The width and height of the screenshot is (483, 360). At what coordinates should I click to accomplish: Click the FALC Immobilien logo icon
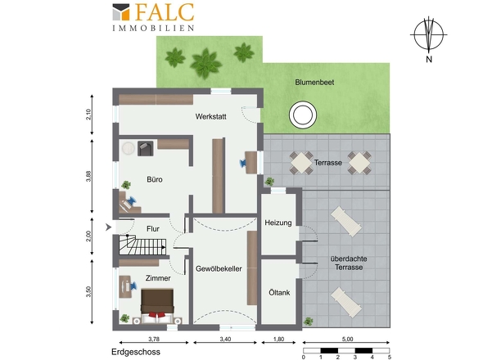pyautogui.click(x=121, y=12)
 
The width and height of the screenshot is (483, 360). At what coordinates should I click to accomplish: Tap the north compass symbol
pyautogui.click(x=428, y=35)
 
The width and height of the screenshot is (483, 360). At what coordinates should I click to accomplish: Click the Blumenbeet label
pyautogui.click(x=314, y=82)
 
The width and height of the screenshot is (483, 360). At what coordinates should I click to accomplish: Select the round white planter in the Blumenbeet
pyautogui.click(x=303, y=115)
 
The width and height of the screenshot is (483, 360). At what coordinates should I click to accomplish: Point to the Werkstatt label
pyautogui.click(x=210, y=117)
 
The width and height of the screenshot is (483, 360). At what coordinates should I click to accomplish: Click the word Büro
pyautogui.click(x=155, y=179)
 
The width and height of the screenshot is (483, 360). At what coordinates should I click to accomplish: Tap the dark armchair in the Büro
pyautogui.click(x=146, y=148)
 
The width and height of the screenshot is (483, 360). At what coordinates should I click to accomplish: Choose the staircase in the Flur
pyautogui.click(x=142, y=245)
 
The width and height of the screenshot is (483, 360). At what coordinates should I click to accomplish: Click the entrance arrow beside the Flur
pyautogui.click(x=108, y=227)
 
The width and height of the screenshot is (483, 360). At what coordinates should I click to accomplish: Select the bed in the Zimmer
pyautogui.click(x=157, y=306)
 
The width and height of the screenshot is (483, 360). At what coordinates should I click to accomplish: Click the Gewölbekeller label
pyautogui.click(x=219, y=269)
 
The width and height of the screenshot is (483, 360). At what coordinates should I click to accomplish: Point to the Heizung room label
pyautogui.click(x=278, y=223)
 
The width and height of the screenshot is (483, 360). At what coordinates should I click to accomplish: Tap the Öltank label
pyautogui.click(x=279, y=293)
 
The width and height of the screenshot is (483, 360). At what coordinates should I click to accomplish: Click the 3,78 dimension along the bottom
pyautogui.click(x=154, y=339)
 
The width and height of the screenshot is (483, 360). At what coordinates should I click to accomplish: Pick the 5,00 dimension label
pyautogui.click(x=347, y=339)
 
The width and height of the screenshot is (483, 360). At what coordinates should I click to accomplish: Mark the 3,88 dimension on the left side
pyautogui.click(x=88, y=176)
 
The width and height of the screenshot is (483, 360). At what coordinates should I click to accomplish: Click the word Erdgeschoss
pyautogui.click(x=136, y=352)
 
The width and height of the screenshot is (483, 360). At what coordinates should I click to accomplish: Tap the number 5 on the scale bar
pyautogui.click(x=390, y=358)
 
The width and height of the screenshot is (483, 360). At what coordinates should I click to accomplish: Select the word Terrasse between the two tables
pyautogui.click(x=328, y=163)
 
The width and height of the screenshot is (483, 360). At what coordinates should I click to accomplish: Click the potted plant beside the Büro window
pyautogui.click(x=126, y=185)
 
